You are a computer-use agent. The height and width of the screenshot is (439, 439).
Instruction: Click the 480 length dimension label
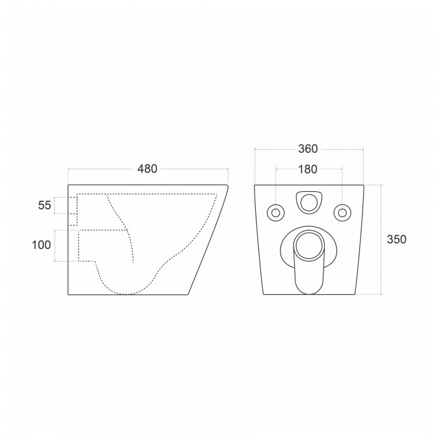147,169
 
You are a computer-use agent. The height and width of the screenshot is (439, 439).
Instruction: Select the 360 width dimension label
308,149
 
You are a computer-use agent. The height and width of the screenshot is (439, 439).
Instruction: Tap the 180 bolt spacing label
308,169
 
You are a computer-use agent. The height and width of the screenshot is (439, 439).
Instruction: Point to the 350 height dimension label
396,240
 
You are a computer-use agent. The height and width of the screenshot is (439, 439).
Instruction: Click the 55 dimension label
45,205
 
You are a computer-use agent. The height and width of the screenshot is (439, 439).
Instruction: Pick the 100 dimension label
41,245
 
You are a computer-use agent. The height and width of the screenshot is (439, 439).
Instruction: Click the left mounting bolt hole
276,213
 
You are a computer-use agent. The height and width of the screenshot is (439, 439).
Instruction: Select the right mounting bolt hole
342,213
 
